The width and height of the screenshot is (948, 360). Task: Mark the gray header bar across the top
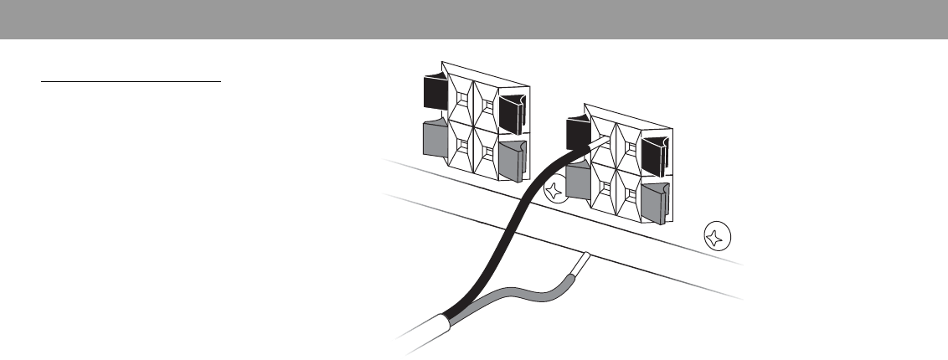point(474,19)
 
